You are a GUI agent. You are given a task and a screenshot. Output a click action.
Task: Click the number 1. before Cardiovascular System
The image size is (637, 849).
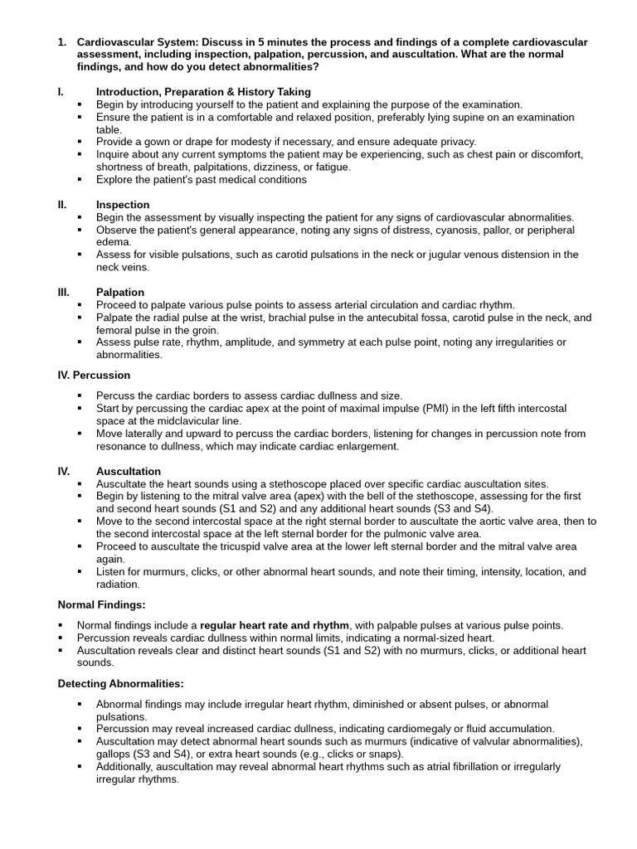pyautogui.click(x=62, y=42)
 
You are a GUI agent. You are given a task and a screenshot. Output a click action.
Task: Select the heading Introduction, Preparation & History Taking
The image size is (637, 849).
pyautogui.click(x=203, y=92)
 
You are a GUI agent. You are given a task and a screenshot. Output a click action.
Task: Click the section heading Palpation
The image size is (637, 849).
pyautogui.click(x=120, y=292)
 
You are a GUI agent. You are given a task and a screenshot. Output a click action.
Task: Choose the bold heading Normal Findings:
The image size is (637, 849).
pyautogui.click(x=101, y=604)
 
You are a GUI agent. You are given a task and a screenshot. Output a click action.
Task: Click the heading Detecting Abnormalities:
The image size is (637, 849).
pyautogui.click(x=121, y=683)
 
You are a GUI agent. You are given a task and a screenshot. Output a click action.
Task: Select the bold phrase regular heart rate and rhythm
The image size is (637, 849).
pyautogui.click(x=275, y=625)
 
